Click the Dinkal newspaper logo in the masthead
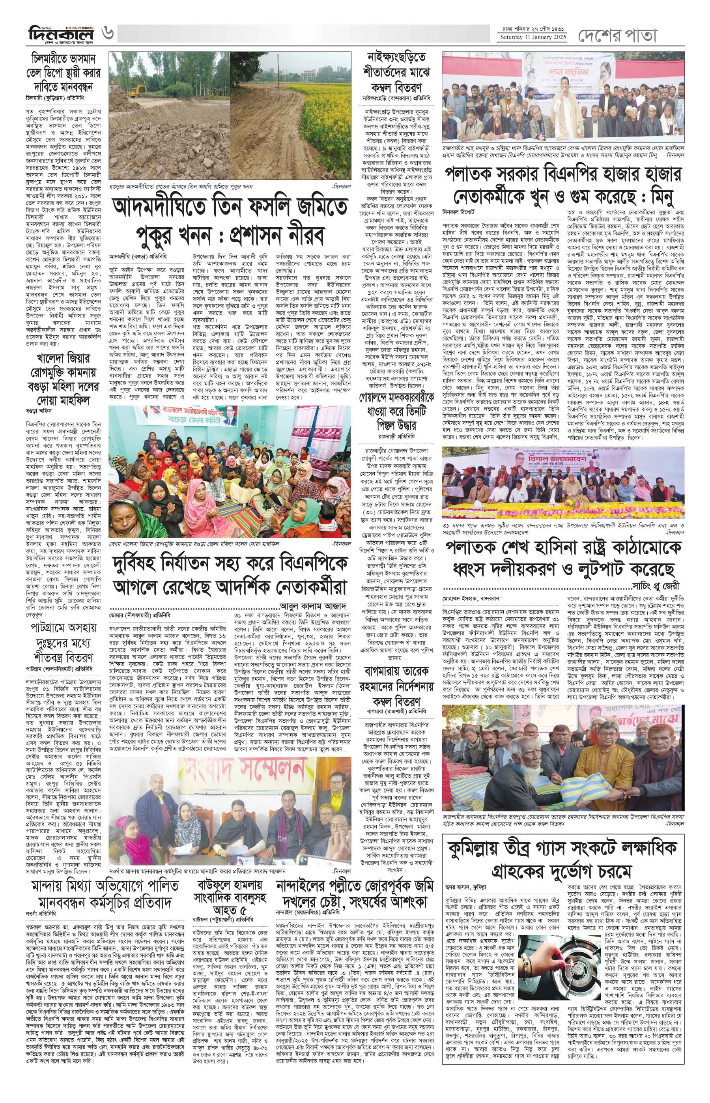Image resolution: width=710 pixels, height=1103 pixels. (x=60, y=35)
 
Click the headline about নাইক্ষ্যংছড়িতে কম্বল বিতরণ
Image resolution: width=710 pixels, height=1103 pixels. (x=398, y=72)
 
